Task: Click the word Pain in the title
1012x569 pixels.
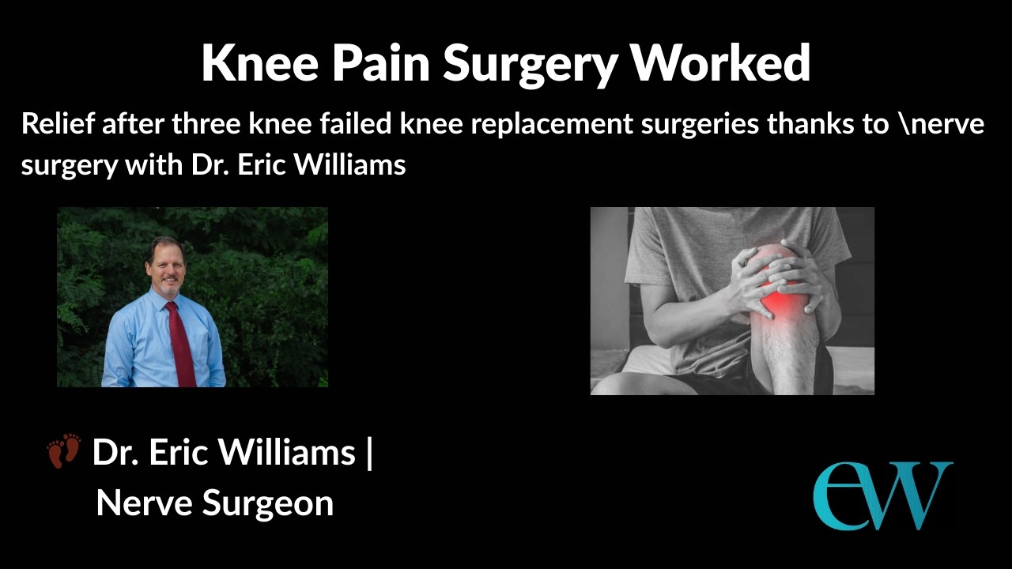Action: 381,63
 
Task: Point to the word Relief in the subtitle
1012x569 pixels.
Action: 58,124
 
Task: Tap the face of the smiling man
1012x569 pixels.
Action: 167,267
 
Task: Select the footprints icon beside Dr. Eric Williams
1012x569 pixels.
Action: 64,450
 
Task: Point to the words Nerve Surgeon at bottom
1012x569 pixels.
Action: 214,503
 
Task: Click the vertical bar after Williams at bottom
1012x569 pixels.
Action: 369,453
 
